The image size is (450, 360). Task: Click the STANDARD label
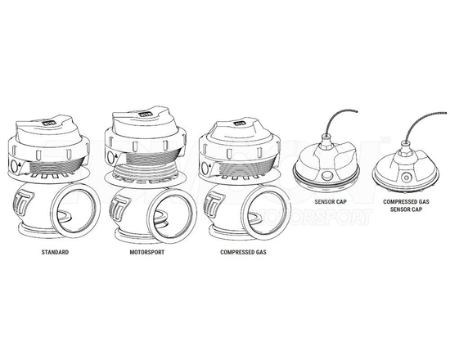[x=54, y=253]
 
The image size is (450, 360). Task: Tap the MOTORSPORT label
[x=148, y=253]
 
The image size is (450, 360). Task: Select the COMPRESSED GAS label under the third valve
[x=244, y=253]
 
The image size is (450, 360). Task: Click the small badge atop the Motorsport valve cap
[x=146, y=115]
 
